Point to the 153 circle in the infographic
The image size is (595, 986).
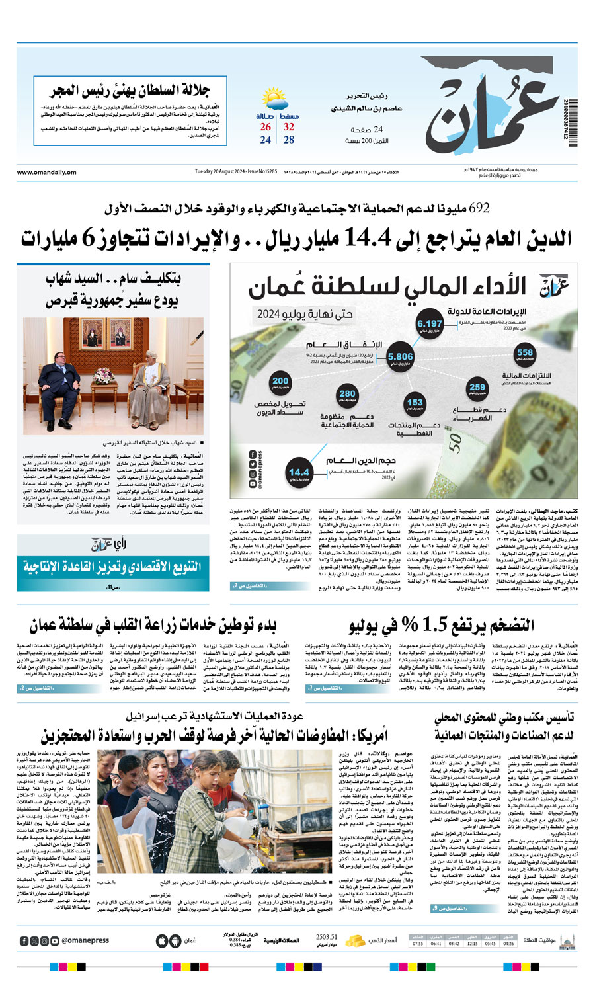(415, 404)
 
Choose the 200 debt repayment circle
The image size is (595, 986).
(280, 382)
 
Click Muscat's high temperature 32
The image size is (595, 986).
(289, 127)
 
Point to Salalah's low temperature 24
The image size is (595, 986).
(265, 140)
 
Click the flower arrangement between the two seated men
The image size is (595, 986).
(104, 376)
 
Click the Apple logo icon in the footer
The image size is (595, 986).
(162, 940)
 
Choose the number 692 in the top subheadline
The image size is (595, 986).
(479, 208)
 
